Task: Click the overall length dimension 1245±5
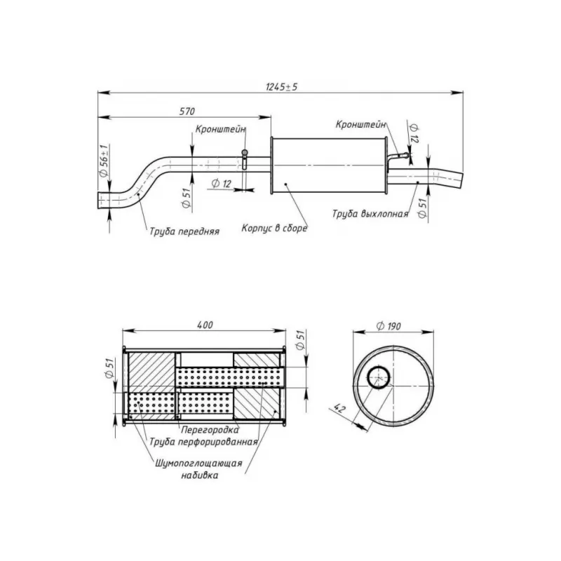pos(282,87)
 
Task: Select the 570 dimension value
pos(187,111)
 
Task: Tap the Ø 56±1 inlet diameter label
pos(104,161)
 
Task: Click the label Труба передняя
pos(184,231)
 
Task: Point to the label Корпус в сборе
pos(274,228)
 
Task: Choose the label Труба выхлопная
pos(370,214)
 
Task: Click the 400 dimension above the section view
pos(205,325)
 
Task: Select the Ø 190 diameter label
pos(388,326)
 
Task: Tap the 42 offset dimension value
pos(339,408)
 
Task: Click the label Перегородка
pos(210,429)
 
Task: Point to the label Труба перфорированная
pos(203,442)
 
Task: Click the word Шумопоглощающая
pos(198,464)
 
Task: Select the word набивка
pos(199,475)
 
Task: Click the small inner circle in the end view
pos(379,377)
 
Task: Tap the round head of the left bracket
pos(245,152)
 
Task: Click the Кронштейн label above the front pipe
pos(220,129)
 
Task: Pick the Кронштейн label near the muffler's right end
pos(360,124)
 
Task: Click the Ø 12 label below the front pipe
pos(222,184)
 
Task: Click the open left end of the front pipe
pos(99,201)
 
